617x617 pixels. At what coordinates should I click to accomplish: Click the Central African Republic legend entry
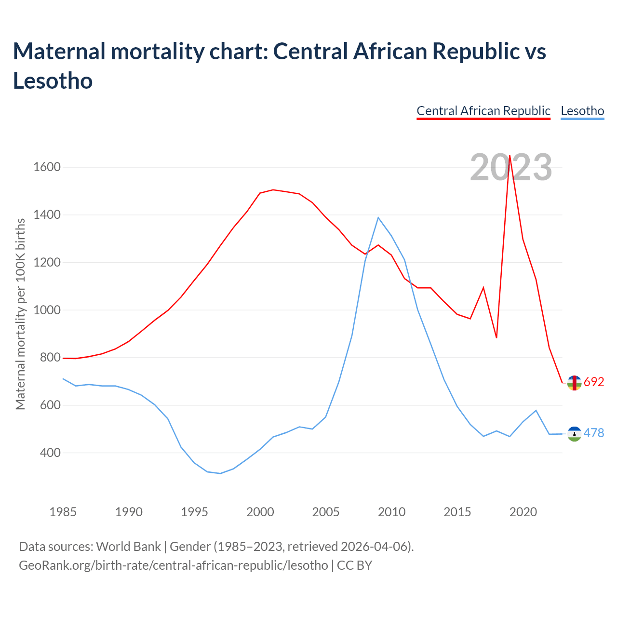pyautogui.click(x=483, y=111)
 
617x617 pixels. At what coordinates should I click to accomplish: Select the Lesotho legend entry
pyautogui.click(x=582, y=111)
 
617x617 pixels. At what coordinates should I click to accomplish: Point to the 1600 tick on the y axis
pyautogui.click(x=47, y=167)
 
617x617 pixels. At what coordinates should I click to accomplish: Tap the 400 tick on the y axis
pyautogui.click(x=47, y=453)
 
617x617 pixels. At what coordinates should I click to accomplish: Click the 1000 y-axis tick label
pyautogui.click(x=47, y=310)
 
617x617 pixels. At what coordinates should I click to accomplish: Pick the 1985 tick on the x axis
pyautogui.click(x=63, y=512)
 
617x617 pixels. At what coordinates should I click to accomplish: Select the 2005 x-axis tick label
pyautogui.click(x=326, y=512)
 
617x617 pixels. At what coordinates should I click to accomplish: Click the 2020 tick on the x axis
pyautogui.click(x=523, y=512)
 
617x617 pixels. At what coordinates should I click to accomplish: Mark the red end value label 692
pyautogui.click(x=594, y=382)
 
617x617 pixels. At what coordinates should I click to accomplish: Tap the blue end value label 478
pyautogui.click(x=594, y=433)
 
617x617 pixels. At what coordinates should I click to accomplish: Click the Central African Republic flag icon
pyautogui.click(x=574, y=383)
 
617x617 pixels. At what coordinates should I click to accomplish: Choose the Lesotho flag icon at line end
pyautogui.click(x=574, y=434)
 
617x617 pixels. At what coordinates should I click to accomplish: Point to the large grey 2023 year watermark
pyautogui.click(x=511, y=168)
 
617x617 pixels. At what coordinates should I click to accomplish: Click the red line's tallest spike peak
pyautogui.click(x=510, y=156)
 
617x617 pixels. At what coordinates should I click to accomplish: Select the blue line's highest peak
pyautogui.click(x=378, y=218)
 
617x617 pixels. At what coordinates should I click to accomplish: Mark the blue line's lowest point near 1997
pyautogui.click(x=220, y=473)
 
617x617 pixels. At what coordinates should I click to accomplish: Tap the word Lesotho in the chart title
pyautogui.click(x=53, y=80)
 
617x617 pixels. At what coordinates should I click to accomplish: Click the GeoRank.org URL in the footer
pyautogui.click(x=174, y=565)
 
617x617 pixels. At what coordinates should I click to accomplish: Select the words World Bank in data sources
pyautogui.click(x=128, y=547)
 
